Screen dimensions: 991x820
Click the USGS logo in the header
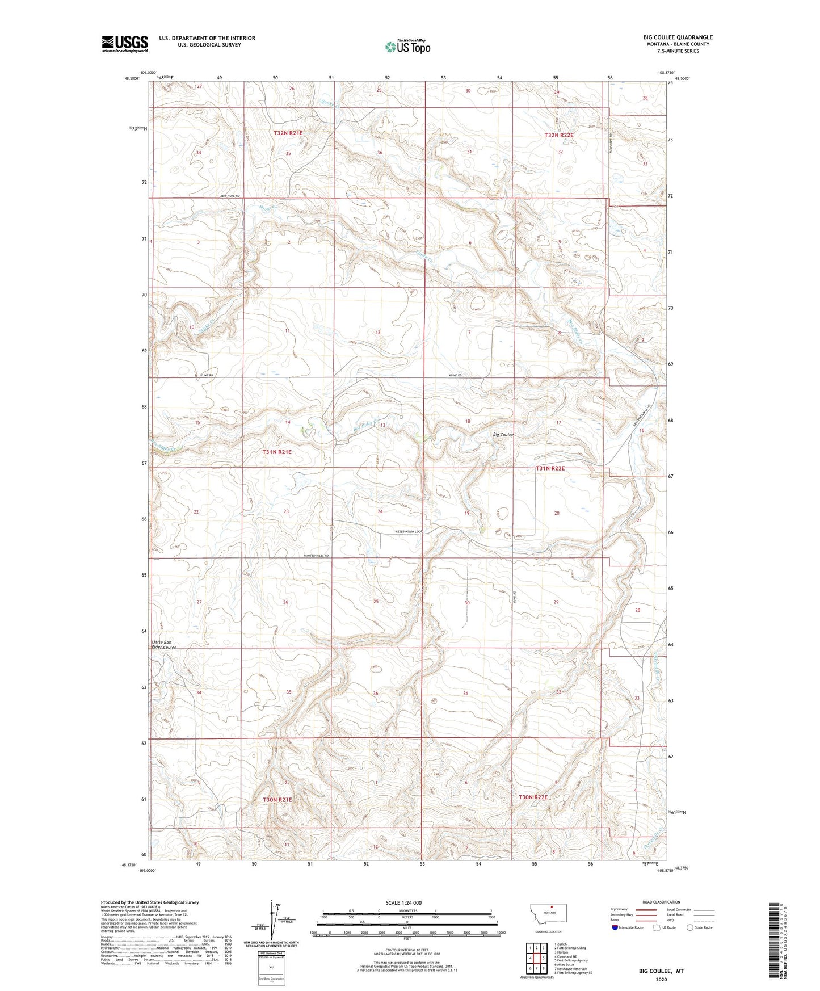[x=125, y=44]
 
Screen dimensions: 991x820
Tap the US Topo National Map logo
[x=407, y=47]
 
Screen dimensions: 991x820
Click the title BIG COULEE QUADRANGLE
[x=678, y=37]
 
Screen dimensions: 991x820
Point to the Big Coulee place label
[x=503, y=435]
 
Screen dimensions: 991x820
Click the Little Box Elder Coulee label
[x=164, y=645]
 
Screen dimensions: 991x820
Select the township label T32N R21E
[x=288, y=133]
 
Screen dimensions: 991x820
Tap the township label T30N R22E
[x=533, y=797]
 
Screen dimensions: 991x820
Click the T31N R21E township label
[x=277, y=452]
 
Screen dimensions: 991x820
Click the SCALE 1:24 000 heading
[x=403, y=902]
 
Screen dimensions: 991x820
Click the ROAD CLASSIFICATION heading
[x=661, y=902]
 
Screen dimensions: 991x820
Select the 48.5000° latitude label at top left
[x=131, y=79]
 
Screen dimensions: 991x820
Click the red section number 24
[x=380, y=511]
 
